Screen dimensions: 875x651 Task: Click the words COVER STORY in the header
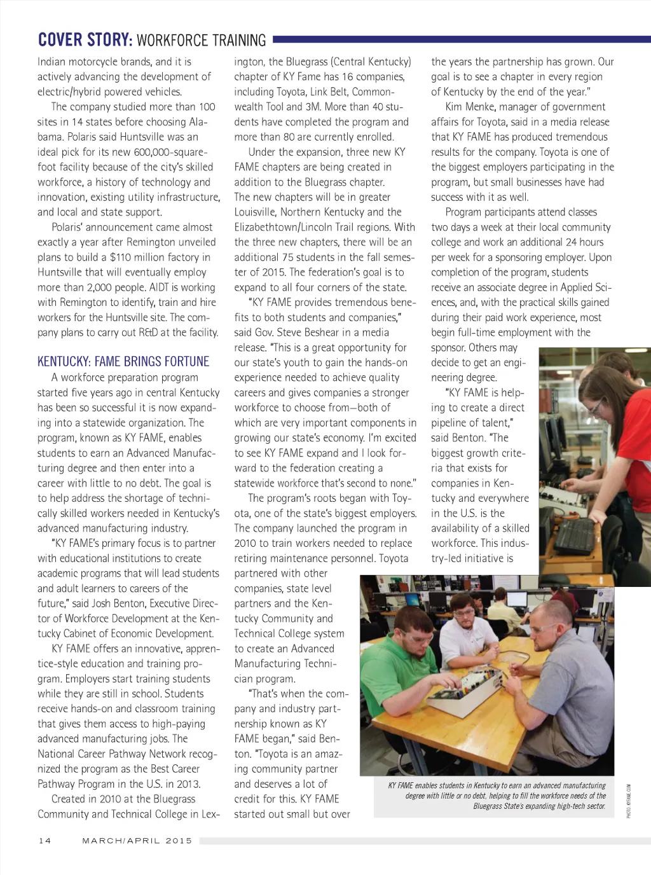(85, 40)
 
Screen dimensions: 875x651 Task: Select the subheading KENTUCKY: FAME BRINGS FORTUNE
(123, 362)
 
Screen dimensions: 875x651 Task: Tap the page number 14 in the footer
(45, 841)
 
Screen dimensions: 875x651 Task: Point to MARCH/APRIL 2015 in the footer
(137, 841)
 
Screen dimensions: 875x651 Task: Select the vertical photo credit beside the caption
(628, 801)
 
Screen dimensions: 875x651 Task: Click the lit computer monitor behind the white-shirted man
(516, 599)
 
